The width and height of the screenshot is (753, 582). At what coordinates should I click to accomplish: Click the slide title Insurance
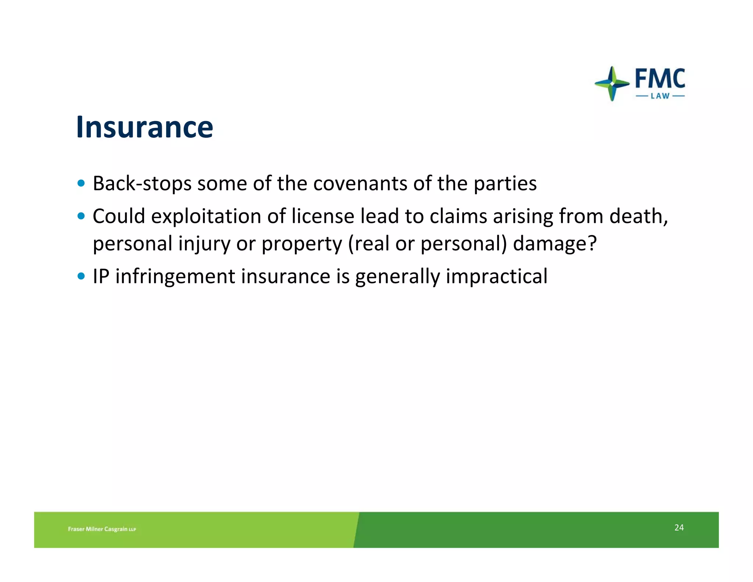point(144,127)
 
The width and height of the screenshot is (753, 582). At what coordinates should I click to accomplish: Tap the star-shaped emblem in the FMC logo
point(612,84)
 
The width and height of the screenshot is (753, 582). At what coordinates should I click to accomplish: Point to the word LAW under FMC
point(660,96)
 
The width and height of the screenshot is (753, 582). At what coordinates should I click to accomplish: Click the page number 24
point(679,528)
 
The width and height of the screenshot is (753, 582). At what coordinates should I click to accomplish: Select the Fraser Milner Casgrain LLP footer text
point(102,529)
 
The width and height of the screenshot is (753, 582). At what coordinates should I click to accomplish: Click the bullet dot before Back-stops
point(81,183)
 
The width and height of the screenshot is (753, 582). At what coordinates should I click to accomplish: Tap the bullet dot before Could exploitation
point(81,216)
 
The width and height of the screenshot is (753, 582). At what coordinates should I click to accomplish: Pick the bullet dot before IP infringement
point(81,276)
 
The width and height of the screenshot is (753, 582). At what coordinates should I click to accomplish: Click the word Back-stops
point(142,183)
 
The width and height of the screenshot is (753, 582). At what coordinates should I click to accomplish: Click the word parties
point(505,183)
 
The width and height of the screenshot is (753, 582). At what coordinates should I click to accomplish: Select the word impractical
point(496,276)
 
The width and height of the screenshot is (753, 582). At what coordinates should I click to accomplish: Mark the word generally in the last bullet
point(397,276)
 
